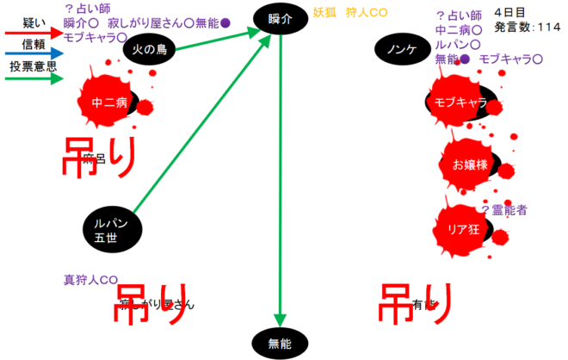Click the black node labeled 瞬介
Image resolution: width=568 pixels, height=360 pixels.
pos(281,17)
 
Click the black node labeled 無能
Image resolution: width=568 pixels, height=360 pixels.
pos(281,343)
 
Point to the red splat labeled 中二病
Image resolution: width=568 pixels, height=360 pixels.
pos(110,102)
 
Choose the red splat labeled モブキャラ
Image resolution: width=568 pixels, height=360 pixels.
pos(461,102)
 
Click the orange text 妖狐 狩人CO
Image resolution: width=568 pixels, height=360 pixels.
pos(348,13)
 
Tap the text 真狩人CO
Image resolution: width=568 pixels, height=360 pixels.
pos(90,280)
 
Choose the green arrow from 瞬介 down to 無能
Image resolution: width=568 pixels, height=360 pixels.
pos(281,172)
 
